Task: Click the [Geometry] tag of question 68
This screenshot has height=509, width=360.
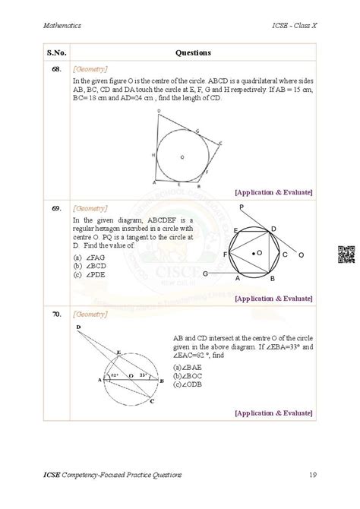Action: click(90, 68)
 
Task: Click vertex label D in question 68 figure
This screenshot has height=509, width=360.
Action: click(157, 111)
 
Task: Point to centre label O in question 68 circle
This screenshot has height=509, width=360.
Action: click(182, 157)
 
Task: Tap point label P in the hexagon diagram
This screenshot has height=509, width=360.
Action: click(240, 207)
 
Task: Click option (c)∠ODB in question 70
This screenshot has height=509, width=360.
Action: click(190, 385)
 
